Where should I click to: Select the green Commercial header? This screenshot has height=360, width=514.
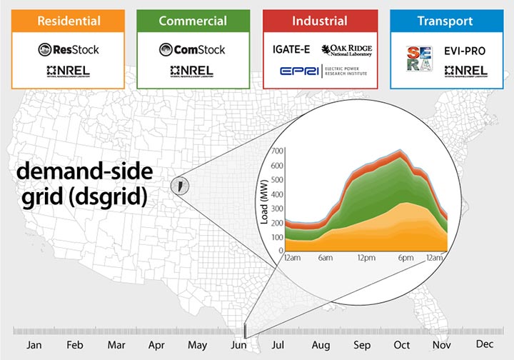coord(193,21)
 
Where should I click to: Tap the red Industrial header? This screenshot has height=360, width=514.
coord(320,21)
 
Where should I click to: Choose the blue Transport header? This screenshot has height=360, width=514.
coord(446,21)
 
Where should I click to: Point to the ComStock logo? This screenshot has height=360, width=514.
coord(193,49)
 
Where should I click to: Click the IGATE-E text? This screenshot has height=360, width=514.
coord(291,49)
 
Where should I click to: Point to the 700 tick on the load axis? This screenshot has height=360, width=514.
coord(276,151)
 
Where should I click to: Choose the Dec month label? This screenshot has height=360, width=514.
coord(485,344)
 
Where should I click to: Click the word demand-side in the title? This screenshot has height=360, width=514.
coord(84,174)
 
